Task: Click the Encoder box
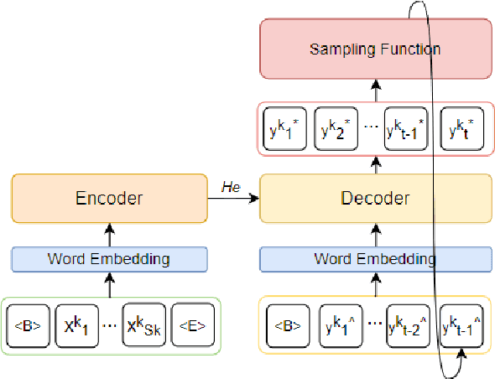click(x=109, y=198)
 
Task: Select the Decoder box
click(x=375, y=198)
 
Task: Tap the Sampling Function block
click(x=375, y=49)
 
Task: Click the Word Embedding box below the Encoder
click(x=109, y=259)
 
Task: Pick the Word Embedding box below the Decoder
click(x=375, y=259)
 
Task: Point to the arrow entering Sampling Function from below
click(x=376, y=90)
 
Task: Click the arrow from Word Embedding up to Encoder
click(x=109, y=235)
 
